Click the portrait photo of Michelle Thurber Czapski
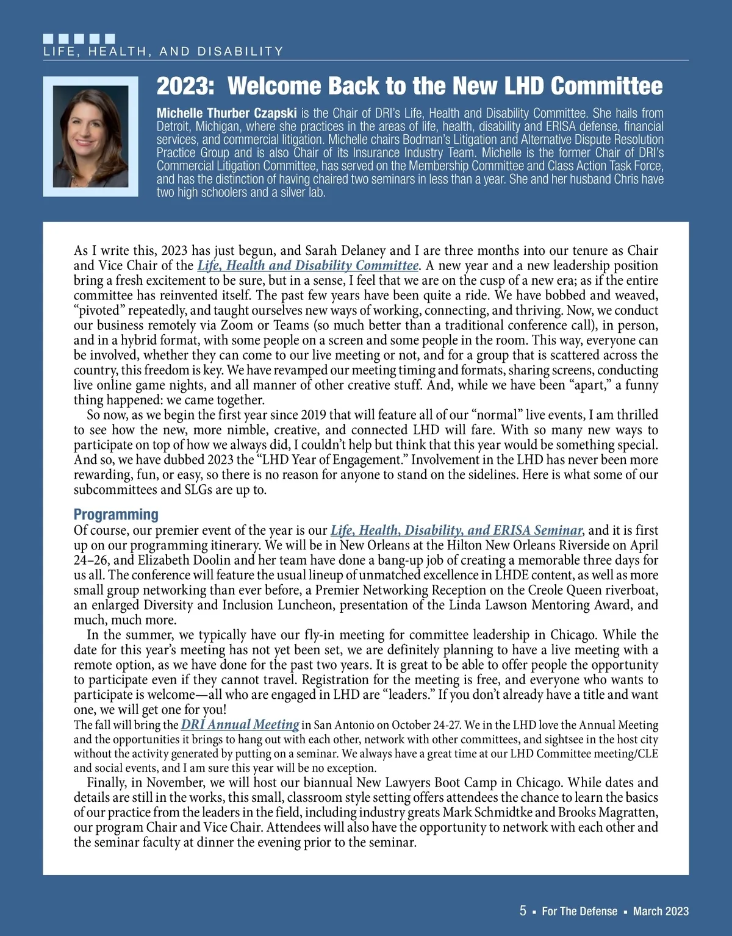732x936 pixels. [x=91, y=137]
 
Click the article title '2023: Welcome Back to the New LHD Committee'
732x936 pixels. [x=409, y=86]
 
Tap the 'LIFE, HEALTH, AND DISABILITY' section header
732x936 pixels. [x=163, y=52]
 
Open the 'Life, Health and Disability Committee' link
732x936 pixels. [x=307, y=265]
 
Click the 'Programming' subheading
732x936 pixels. [x=116, y=514]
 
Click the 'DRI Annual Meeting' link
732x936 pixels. [x=240, y=724]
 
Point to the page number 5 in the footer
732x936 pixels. [x=523, y=910]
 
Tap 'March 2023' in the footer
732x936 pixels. [x=661, y=911]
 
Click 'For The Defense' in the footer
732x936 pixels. [x=579, y=911]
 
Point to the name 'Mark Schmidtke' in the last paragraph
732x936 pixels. [x=498, y=812]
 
